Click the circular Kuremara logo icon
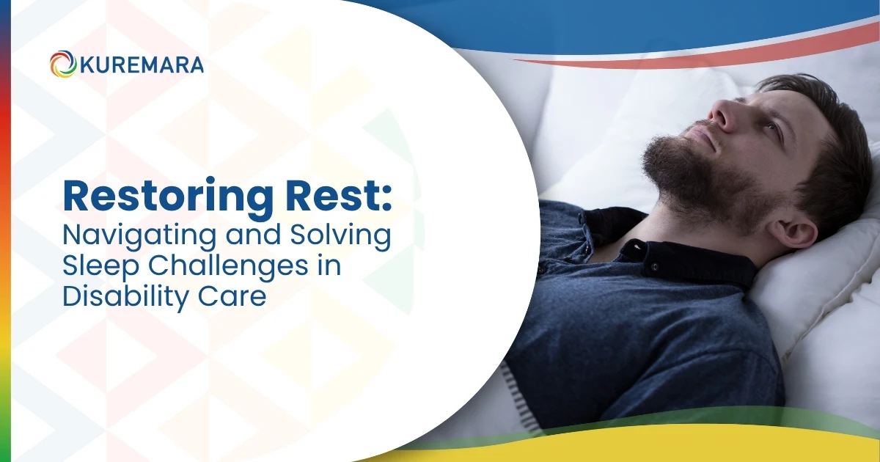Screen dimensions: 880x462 click(63, 64)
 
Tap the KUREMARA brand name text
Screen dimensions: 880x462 click(142, 65)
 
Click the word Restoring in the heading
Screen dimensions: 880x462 click(168, 197)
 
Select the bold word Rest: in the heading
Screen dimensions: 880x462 click(339, 196)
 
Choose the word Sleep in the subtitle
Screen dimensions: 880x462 click(101, 267)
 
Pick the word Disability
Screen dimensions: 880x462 click(126, 297)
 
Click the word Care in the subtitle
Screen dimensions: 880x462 click(232, 297)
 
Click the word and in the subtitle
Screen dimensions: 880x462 click(254, 234)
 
